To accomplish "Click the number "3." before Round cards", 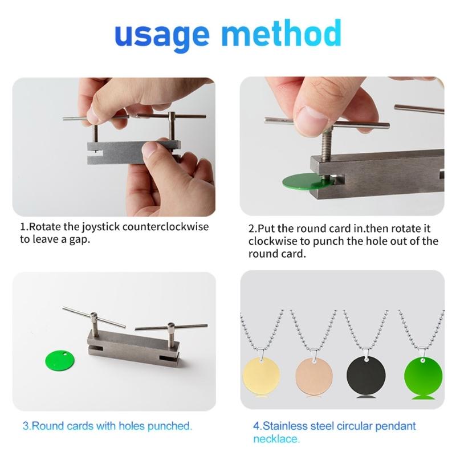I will pyautogui.click(x=27, y=425).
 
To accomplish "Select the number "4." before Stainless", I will pyautogui.click(x=257, y=426).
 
